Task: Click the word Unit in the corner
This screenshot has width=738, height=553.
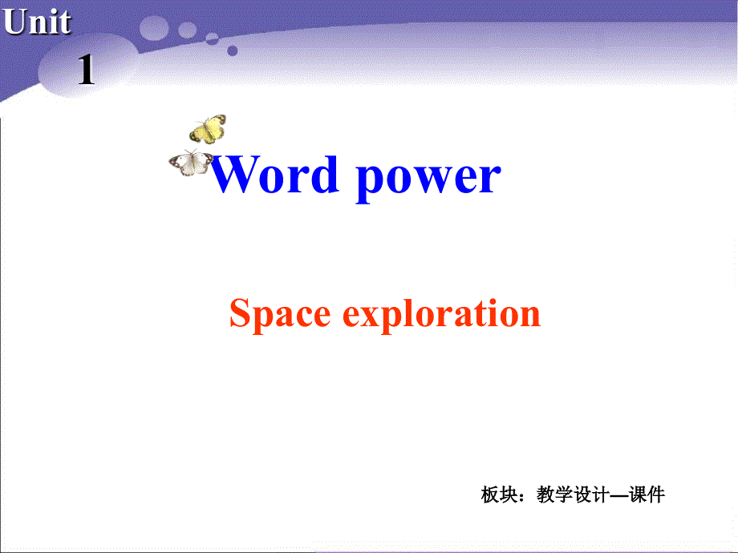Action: [x=37, y=22]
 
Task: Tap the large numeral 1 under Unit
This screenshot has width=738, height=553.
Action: [x=86, y=72]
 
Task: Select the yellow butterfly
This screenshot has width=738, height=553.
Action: [x=208, y=128]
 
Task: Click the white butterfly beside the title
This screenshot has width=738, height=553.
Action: [x=191, y=162]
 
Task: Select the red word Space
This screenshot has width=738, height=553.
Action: [x=280, y=314]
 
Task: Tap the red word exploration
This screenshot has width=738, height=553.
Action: [x=442, y=314]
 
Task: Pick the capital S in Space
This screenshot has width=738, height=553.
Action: [x=238, y=313]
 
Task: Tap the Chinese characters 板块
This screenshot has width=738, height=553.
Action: [x=497, y=494]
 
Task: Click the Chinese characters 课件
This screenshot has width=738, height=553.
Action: [x=647, y=494]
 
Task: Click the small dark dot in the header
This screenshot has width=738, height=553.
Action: [x=233, y=50]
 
